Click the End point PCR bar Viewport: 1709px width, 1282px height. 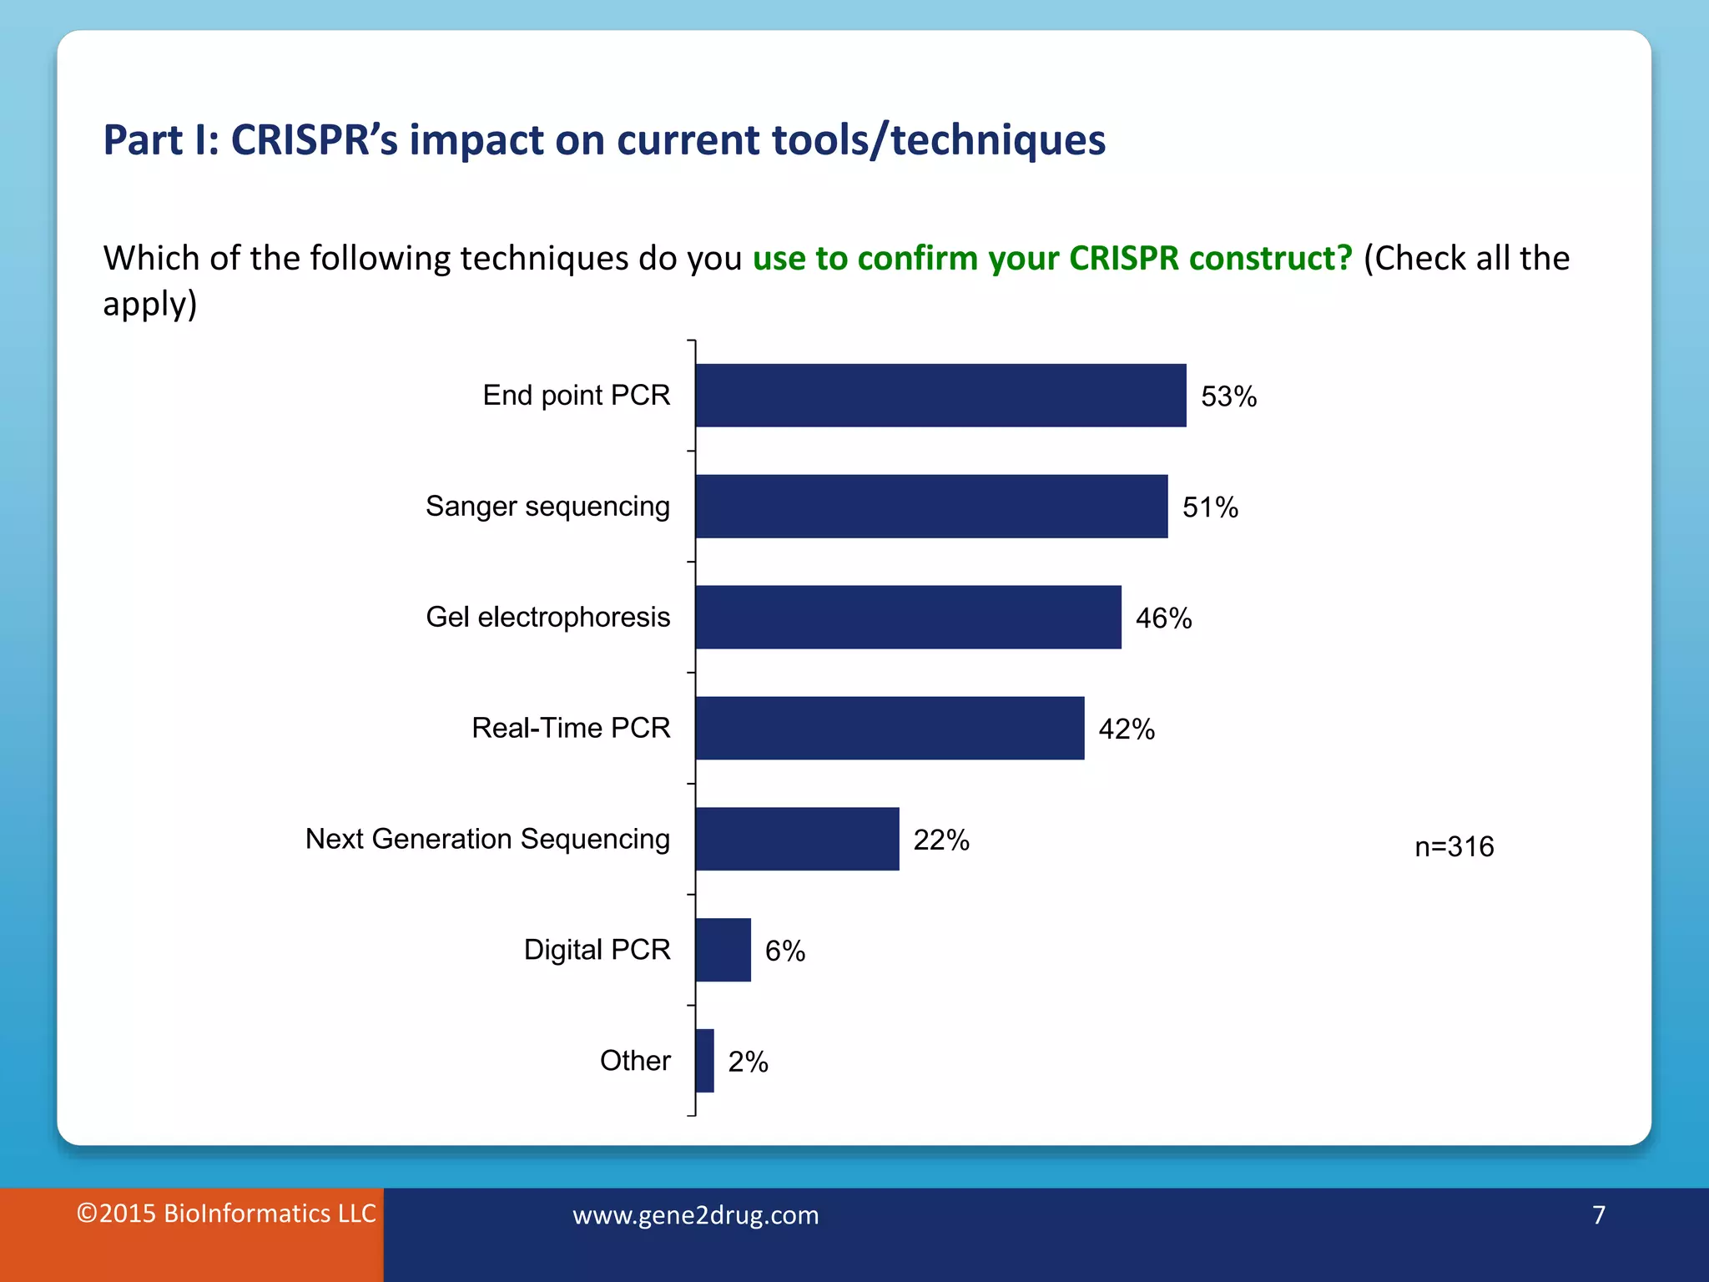coord(940,396)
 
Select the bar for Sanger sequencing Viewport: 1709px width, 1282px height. coord(931,507)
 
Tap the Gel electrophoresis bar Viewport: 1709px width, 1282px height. coord(908,618)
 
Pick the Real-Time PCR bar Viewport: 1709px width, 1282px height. coord(890,729)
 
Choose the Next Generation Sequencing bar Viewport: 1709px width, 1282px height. coord(797,839)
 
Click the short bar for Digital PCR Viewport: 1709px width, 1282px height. coord(723,950)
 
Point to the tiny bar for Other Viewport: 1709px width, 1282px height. coord(705,1061)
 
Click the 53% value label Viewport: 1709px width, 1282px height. coord(1228,396)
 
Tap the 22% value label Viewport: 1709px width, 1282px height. coord(941,840)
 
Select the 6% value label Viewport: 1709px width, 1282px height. coord(785,951)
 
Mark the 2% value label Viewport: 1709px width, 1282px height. coord(748,1062)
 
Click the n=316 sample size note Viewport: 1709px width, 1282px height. coord(1454,847)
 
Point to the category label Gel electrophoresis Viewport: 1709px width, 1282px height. coord(547,617)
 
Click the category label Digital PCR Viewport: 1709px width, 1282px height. coord(597,950)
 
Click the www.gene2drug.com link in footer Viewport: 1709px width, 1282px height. coord(695,1215)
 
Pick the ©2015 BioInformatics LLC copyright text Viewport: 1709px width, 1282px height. coord(226,1214)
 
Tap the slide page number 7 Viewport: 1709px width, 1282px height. coord(1598,1215)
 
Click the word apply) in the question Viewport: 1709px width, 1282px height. coord(150,304)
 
